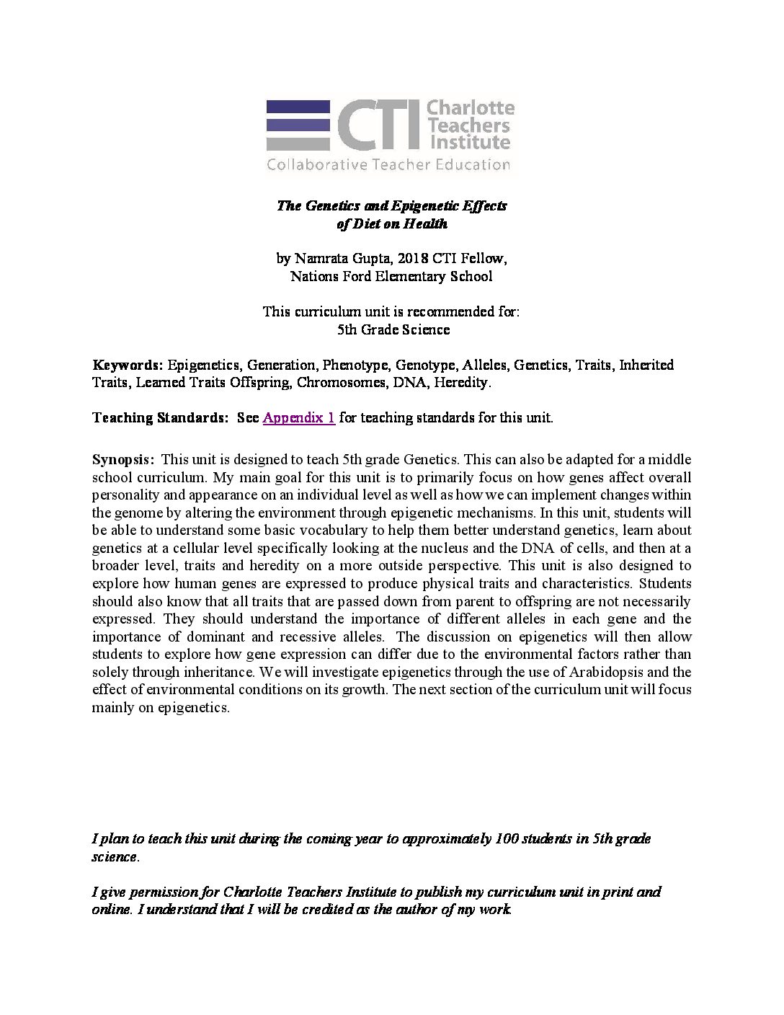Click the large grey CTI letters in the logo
[374, 125]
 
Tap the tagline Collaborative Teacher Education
[388, 164]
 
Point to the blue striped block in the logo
[297, 125]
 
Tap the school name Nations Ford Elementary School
[391, 276]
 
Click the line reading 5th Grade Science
[393, 329]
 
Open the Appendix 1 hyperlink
[299, 418]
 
